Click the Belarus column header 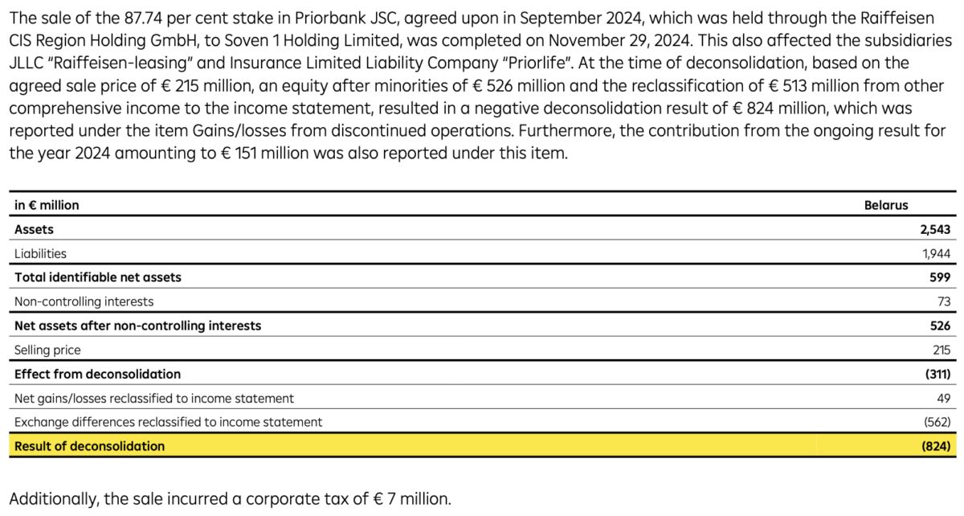pyautogui.click(x=885, y=205)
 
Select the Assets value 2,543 pyautogui.click(x=935, y=229)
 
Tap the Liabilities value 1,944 pyautogui.click(x=937, y=253)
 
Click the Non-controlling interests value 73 pyautogui.click(x=944, y=301)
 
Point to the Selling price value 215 pyautogui.click(x=942, y=350)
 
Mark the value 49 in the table pyautogui.click(x=944, y=398)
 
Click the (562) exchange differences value pyautogui.click(x=937, y=422)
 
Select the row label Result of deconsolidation pyautogui.click(x=89, y=446)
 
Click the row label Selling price pyautogui.click(x=47, y=350)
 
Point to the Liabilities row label pyautogui.click(x=40, y=253)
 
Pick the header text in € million pyautogui.click(x=47, y=205)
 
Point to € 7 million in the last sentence pyautogui.click(x=406, y=498)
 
